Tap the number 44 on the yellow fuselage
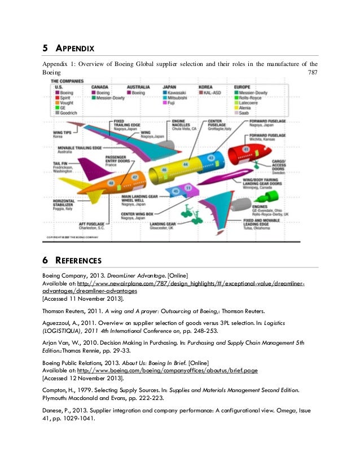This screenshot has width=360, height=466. point(185,164)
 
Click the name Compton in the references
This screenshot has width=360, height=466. point(56,389)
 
